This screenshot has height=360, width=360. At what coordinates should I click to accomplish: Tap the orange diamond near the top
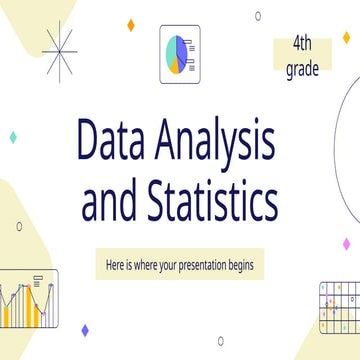132,22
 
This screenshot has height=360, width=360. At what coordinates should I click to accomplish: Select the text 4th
303,44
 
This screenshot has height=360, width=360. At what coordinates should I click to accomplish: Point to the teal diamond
12,135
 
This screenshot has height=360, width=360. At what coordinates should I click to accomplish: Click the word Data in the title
109,145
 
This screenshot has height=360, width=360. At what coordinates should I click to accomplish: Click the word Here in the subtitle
117,265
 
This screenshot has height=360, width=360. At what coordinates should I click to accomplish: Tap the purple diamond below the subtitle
84,330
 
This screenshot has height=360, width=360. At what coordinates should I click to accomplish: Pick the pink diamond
345,244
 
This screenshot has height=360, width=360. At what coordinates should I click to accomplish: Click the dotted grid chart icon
338,305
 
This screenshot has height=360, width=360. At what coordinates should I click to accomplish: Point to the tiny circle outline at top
258,15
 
